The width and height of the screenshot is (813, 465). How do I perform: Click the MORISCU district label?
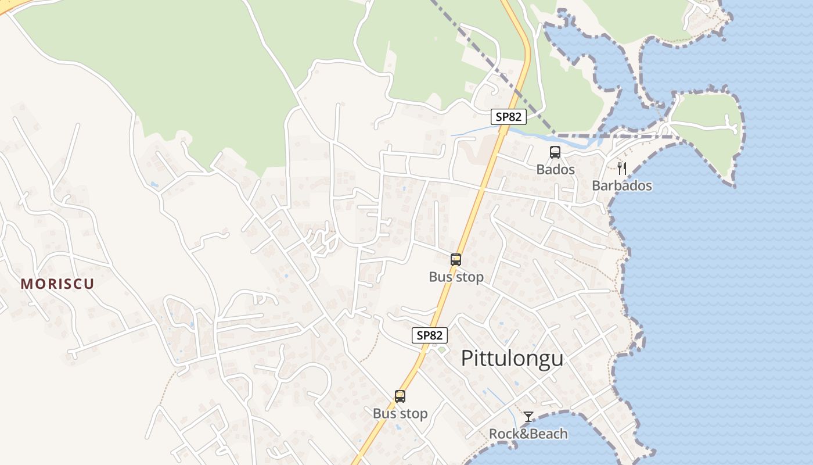coord(57,284)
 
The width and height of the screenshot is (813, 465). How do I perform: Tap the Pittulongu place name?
coord(512,359)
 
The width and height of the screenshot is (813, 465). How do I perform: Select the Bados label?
coord(555,170)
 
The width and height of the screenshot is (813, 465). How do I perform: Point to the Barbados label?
coord(621,186)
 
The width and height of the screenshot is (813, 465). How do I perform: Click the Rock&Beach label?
coord(528,434)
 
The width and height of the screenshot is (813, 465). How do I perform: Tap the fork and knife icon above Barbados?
coord(622,169)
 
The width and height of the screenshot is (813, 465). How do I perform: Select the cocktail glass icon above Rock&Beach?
coord(528,417)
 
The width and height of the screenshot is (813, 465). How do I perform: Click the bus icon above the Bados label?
coord(555,152)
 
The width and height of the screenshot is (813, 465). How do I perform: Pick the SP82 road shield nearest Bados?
coord(508,116)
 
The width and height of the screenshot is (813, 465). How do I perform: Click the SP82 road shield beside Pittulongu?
coord(430,335)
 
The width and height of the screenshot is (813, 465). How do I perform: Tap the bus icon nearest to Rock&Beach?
coord(400,396)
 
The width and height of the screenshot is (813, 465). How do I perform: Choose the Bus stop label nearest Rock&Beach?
coord(400,414)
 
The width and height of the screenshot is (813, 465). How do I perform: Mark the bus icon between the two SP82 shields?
coord(456,260)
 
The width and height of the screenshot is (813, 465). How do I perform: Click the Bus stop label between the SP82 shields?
coord(456,277)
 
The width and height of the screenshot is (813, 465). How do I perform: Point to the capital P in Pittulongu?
coord(467,359)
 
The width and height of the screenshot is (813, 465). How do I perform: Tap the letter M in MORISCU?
coord(26,284)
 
